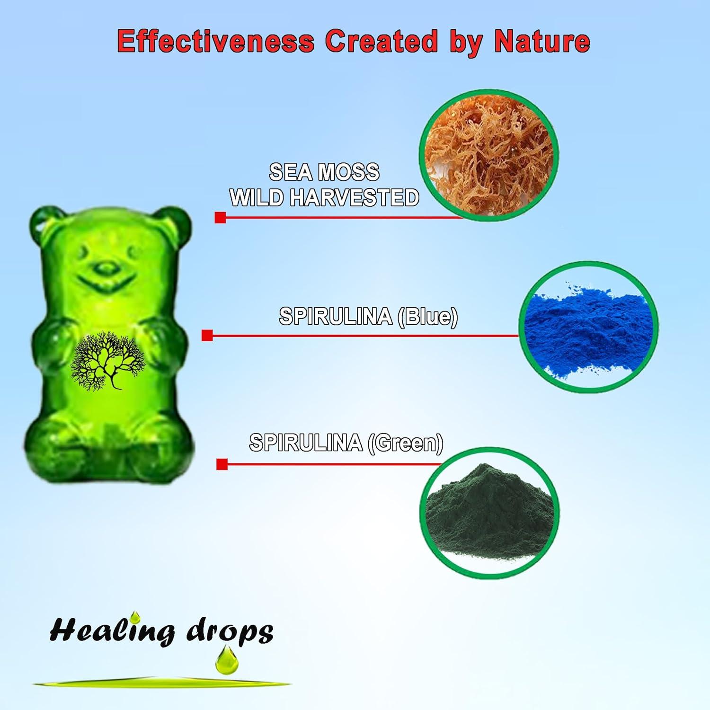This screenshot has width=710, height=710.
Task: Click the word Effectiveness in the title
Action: (x=215, y=41)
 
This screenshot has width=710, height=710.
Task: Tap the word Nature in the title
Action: (x=542, y=41)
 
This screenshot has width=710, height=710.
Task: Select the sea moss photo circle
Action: (x=489, y=155)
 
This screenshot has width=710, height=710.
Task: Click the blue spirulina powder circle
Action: (x=588, y=327)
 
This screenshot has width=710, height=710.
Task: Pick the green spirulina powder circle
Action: (x=489, y=513)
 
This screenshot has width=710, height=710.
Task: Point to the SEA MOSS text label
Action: (x=324, y=172)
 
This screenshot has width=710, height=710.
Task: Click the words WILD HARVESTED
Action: (x=324, y=197)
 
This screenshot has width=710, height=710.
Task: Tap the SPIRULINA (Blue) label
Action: (x=368, y=316)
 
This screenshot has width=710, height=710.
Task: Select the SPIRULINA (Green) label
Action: (x=346, y=443)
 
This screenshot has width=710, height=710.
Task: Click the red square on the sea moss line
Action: (x=220, y=217)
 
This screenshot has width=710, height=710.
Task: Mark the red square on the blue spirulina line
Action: (x=207, y=336)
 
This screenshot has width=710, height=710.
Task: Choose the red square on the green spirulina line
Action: (x=222, y=464)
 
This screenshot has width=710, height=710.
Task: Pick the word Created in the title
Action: (x=381, y=41)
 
